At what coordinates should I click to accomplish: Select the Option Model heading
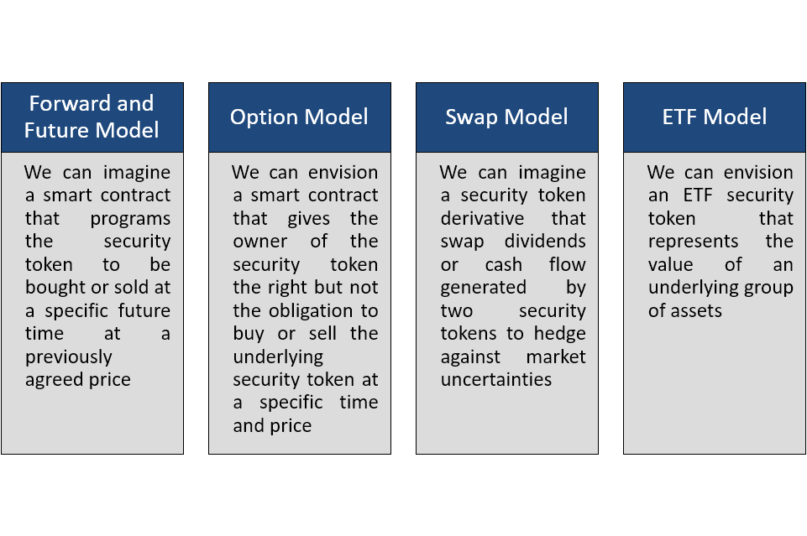(x=299, y=117)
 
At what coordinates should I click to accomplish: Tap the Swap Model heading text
(x=506, y=117)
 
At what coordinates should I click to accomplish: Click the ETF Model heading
(x=715, y=117)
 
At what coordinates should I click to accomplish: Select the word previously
(x=69, y=357)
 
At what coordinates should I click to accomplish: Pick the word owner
(x=260, y=242)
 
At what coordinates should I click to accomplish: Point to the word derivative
(x=482, y=218)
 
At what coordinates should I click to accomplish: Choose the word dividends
(x=545, y=241)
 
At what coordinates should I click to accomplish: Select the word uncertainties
(x=496, y=380)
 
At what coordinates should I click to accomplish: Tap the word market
(x=556, y=356)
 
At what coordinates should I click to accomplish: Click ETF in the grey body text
(x=698, y=195)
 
